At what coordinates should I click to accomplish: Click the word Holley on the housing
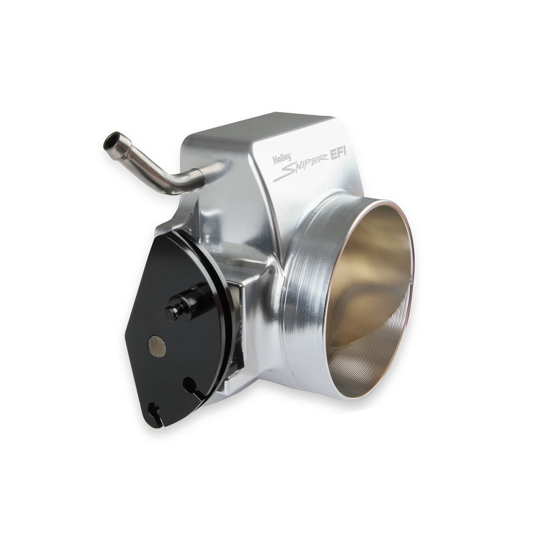click(x=282, y=159)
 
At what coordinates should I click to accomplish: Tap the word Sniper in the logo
click(x=301, y=167)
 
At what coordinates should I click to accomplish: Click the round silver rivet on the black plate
click(x=157, y=346)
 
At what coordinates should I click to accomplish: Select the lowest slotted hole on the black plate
click(x=155, y=413)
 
